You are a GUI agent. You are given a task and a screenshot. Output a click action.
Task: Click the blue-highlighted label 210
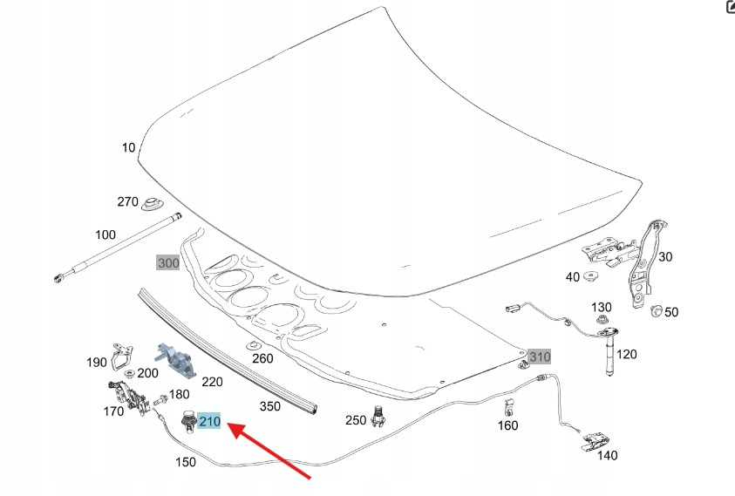[x=210, y=422]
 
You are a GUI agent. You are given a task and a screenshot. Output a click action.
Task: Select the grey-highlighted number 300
[x=167, y=262]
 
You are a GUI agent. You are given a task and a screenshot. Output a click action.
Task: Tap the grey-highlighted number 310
[x=540, y=357]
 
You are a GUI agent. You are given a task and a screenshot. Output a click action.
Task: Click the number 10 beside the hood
[x=128, y=147]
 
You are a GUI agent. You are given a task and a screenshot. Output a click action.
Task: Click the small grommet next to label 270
[x=153, y=205]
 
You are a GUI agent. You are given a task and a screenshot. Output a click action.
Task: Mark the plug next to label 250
[x=378, y=418]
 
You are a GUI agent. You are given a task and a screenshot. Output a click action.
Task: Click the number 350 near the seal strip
[x=270, y=406]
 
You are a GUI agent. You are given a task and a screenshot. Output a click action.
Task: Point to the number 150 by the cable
[x=186, y=461]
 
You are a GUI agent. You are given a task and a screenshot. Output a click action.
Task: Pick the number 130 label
[x=602, y=307]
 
